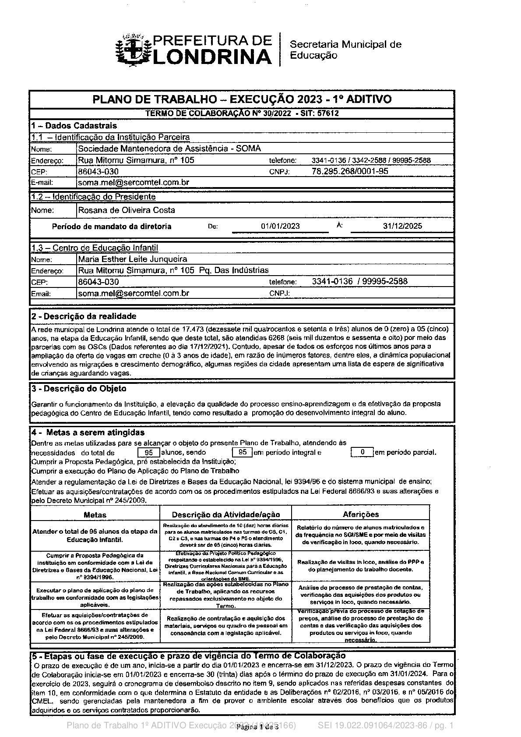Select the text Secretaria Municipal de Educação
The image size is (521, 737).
(x=345, y=50)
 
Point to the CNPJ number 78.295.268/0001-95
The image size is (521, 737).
(x=350, y=171)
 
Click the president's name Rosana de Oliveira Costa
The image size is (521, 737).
(x=127, y=210)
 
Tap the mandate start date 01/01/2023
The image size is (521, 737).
(x=280, y=226)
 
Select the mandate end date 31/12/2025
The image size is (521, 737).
(x=402, y=226)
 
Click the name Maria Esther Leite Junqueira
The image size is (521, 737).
(x=133, y=259)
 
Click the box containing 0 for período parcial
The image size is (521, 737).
(x=362, y=452)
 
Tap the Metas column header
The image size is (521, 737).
(x=95, y=514)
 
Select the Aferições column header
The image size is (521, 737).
(x=361, y=514)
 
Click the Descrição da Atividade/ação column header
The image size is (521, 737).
(x=225, y=514)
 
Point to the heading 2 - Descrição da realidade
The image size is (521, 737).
(x=84, y=316)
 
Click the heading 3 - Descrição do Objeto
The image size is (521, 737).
(x=79, y=389)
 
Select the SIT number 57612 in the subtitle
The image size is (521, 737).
(x=328, y=113)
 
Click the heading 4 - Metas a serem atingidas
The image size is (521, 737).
(x=88, y=432)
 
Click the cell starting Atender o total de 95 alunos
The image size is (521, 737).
(x=95, y=535)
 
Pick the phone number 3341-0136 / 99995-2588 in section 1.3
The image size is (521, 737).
(x=359, y=281)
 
